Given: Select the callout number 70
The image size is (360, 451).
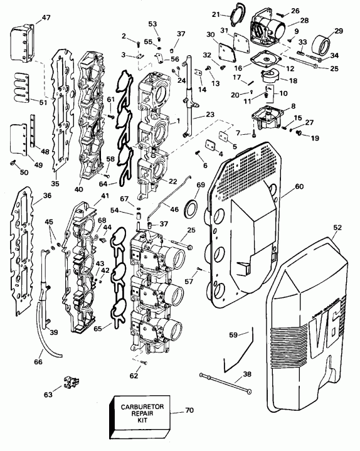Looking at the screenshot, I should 190,411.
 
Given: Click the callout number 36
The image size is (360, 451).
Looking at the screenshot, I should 47,195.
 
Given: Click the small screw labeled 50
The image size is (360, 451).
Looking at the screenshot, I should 13,163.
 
